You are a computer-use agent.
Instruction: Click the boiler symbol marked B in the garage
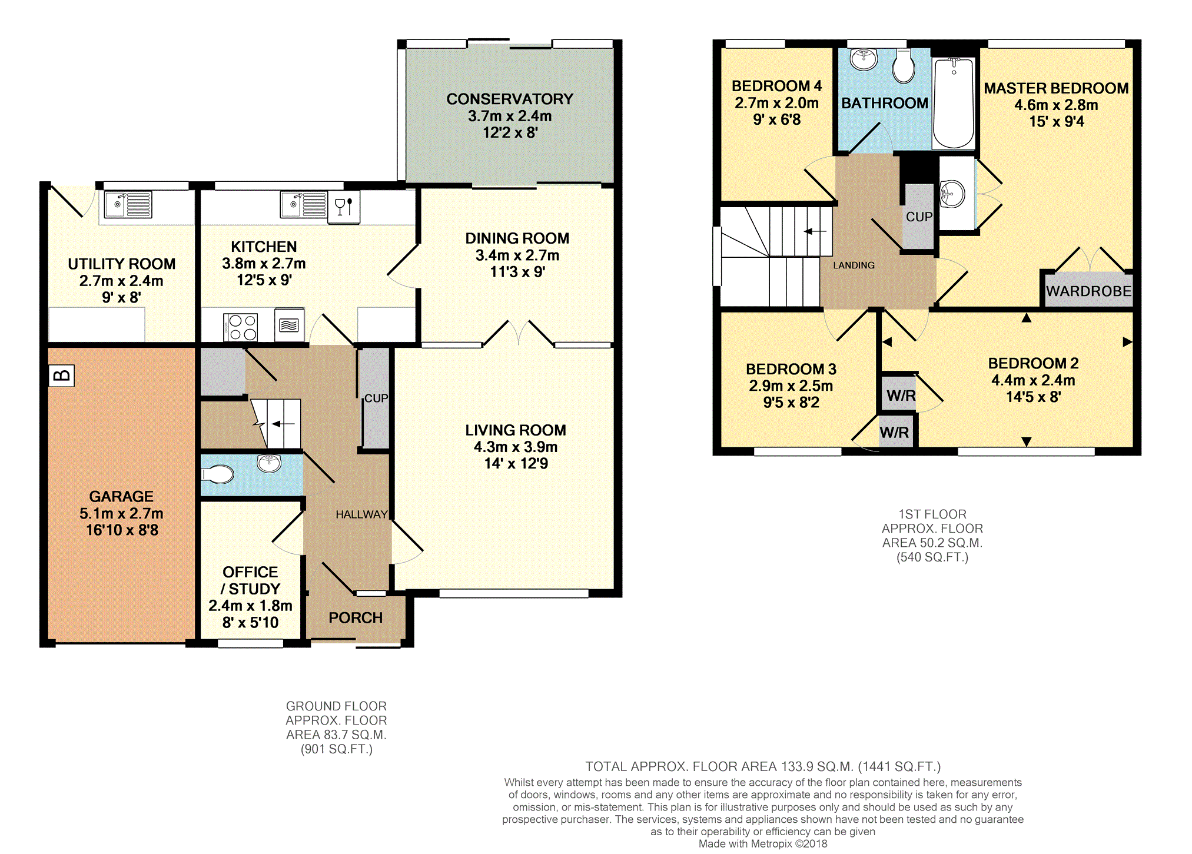click(61, 376)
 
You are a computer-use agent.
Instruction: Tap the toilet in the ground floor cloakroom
click(218, 474)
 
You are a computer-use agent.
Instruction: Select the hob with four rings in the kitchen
click(241, 327)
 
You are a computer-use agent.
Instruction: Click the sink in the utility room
click(128, 205)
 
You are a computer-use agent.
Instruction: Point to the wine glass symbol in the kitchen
click(344, 207)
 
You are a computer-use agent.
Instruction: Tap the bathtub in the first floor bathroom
click(954, 103)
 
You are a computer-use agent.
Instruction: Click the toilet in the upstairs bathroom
click(904, 66)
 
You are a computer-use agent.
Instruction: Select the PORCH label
click(356, 618)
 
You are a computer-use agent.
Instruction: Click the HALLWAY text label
click(361, 514)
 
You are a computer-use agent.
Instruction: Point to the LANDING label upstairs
click(854, 265)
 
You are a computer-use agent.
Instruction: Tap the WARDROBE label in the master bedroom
click(1088, 291)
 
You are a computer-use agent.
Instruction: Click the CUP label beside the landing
click(919, 217)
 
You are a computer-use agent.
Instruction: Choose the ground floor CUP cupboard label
click(376, 398)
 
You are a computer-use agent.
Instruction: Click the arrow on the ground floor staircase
click(283, 424)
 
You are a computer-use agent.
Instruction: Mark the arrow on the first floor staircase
click(815, 231)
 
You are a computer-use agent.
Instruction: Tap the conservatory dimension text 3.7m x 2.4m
click(510, 116)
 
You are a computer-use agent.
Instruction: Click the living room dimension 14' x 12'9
click(516, 464)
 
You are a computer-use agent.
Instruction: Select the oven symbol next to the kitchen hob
click(288, 325)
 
